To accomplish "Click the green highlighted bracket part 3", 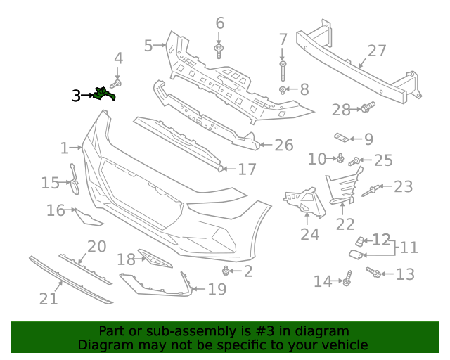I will tap(104, 94).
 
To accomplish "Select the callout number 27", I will tap(377, 51).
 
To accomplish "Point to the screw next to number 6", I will tap(220, 50).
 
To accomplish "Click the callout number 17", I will tap(247, 169).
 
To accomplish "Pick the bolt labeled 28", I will tap(366, 108).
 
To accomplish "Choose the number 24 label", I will tap(309, 234).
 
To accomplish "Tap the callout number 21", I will tap(48, 299).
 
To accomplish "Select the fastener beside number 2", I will tap(226, 271).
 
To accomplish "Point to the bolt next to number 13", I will tap(375, 273).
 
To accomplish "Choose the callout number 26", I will tap(283, 146).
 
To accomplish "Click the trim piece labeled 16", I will tap(88, 218).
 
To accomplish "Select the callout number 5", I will tap(148, 46).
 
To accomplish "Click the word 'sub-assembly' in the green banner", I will tap(179, 331).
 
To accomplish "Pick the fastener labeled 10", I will tap(340, 157).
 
